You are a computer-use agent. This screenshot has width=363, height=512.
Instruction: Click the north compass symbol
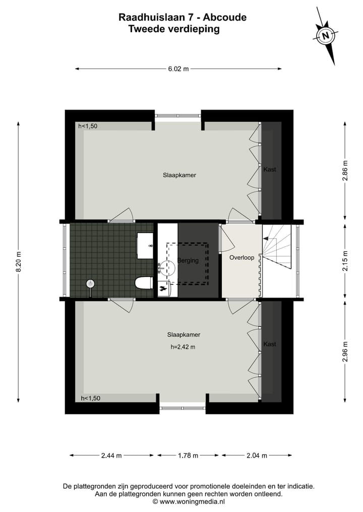327,36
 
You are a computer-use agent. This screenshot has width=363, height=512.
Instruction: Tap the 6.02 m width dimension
178,69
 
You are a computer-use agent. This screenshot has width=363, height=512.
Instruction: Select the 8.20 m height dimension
19,262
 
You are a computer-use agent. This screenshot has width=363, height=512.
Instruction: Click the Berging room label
188,261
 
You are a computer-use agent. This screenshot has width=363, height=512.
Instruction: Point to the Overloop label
241,258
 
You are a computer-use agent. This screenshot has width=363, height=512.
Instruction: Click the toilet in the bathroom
144,283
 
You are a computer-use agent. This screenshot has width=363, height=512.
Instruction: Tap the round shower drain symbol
90,284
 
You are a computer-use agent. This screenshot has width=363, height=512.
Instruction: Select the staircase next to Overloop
276,247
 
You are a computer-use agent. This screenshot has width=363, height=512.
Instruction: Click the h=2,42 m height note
183,347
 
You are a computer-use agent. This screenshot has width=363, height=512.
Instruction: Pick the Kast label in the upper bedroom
270,170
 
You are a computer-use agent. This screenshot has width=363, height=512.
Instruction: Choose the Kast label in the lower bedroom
270,344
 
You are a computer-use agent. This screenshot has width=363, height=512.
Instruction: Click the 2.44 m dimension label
111,456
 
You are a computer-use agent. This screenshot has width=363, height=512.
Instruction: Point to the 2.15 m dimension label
345,261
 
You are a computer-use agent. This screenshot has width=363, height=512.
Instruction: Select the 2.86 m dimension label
345,170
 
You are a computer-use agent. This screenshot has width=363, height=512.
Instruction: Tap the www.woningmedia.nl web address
192,501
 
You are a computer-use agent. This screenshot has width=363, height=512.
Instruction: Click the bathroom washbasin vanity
146,245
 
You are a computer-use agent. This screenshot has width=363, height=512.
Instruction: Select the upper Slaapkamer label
179,176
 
